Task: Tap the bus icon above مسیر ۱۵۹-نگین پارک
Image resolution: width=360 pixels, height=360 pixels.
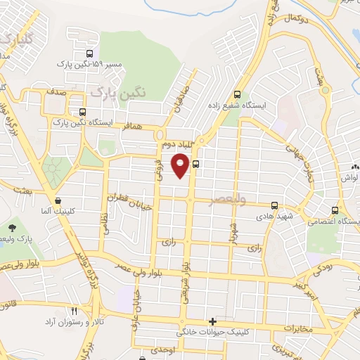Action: point(89,53)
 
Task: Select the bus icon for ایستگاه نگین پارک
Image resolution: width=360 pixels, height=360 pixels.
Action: point(83,111)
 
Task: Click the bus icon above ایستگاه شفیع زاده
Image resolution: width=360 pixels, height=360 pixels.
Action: point(238,94)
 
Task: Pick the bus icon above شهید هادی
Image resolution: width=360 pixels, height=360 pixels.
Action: point(274,206)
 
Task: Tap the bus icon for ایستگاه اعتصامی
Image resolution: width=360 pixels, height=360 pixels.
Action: point(335,210)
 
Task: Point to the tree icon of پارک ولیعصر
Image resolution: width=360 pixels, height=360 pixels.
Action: point(13,227)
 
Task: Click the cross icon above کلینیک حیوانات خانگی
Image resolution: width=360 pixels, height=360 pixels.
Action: point(213,321)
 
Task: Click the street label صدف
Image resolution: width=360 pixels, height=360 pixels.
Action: point(58,91)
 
